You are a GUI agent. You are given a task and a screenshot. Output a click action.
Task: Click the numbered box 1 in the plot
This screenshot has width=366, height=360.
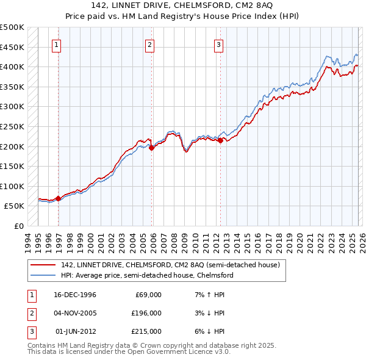[x=56, y=44]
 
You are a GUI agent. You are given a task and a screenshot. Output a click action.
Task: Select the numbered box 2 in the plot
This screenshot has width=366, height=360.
[x=149, y=44]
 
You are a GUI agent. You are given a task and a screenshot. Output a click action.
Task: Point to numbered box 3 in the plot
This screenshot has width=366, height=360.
[x=218, y=44]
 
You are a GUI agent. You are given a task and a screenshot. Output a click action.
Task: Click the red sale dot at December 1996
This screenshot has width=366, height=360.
[x=58, y=198]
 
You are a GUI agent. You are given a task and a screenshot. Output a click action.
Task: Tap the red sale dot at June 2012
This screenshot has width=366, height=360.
[x=220, y=140]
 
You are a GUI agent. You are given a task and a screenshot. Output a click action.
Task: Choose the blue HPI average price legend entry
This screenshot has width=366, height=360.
[x=146, y=275]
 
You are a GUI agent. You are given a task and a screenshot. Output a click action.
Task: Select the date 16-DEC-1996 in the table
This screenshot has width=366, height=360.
[x=75, y=294]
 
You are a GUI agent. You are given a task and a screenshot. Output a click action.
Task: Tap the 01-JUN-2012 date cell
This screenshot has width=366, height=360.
[x=75, y=331]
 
